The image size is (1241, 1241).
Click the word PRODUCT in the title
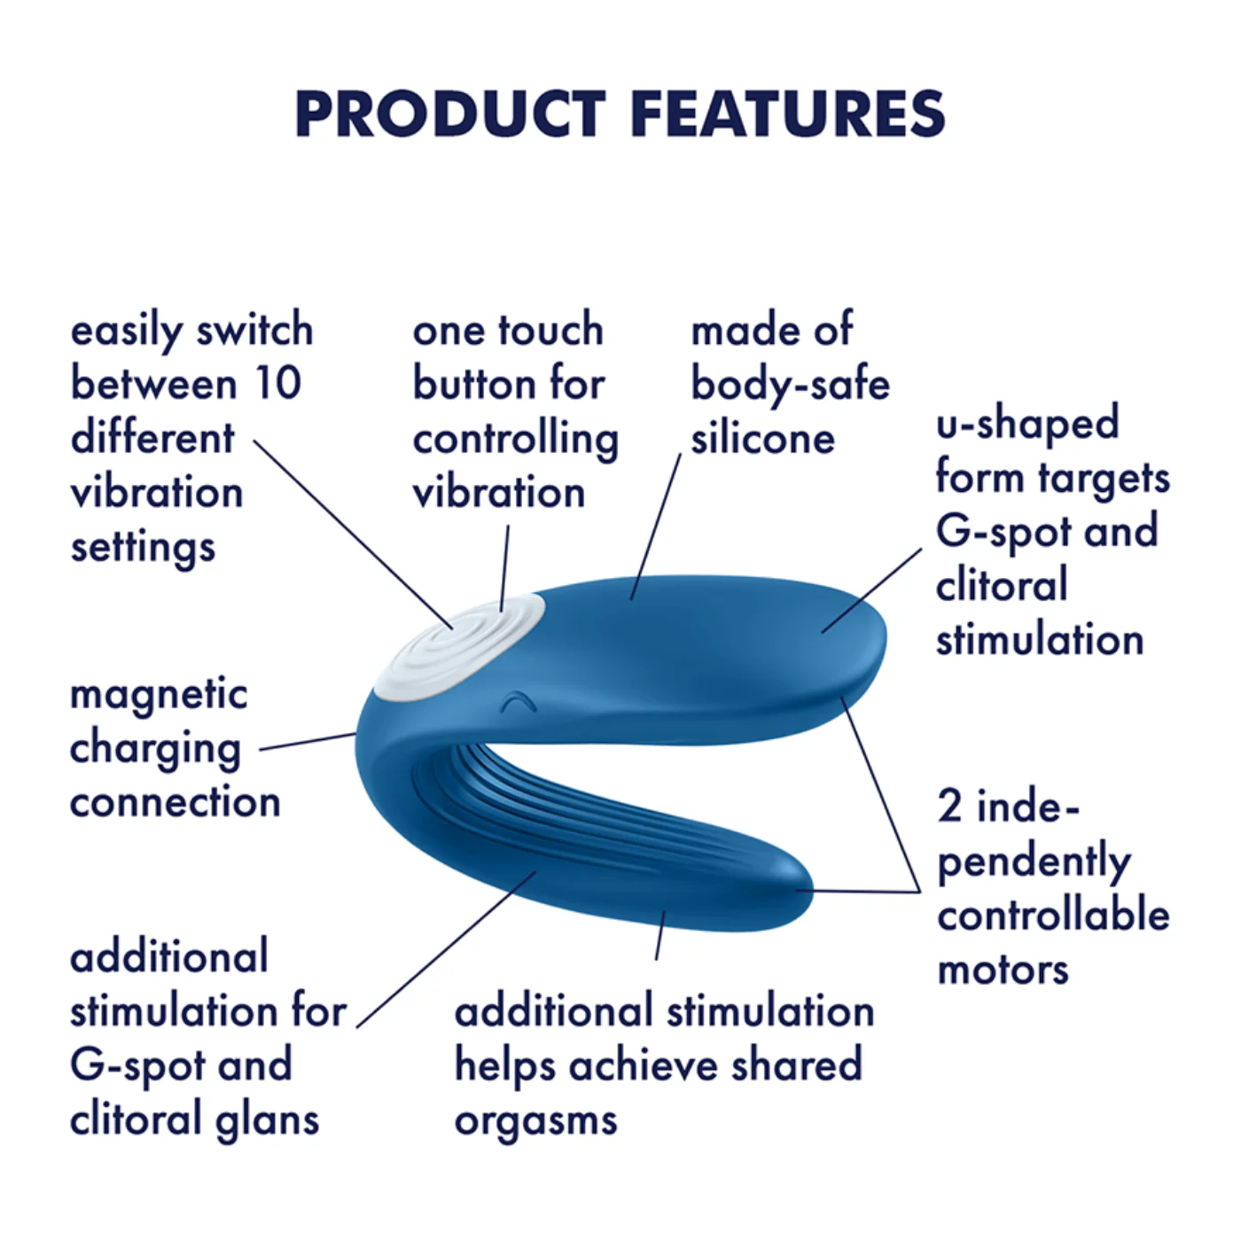coord(449,114)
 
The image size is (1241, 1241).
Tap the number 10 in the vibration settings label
coord(277,383)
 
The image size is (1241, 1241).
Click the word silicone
coord(762,439)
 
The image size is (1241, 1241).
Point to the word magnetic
coord(159,694)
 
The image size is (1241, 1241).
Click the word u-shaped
coord(1027,423)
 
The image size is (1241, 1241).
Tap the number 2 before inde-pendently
coord(949,805)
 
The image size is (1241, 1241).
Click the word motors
coord(1003,969)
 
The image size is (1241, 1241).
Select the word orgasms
coord(535,1120)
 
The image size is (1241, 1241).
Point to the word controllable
coord(1053,915)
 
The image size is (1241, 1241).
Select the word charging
coord(155,749)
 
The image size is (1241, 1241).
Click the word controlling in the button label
coord(515,439)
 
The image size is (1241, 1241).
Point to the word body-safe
coord(790,385)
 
